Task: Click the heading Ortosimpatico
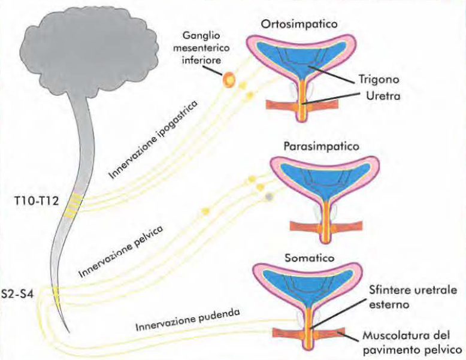click(299, 25)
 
